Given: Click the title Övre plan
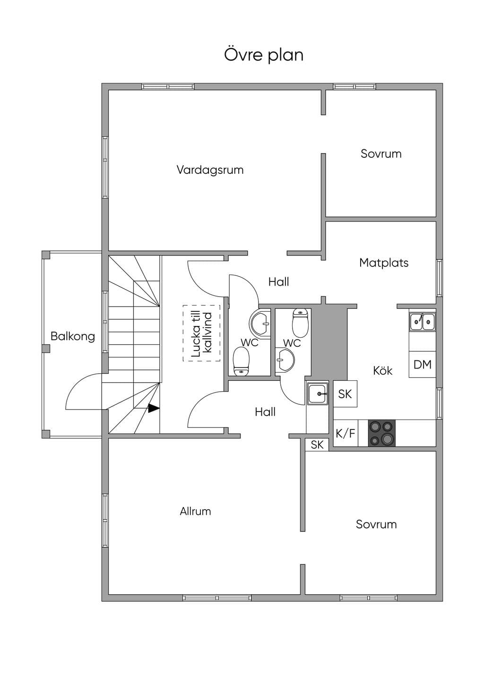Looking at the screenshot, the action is pyautogui.click(x=264, y=55).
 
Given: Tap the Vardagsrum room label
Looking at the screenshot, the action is pyautogui.click(x=210, y=170).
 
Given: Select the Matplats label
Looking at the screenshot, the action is pyautogui.click(x=384, y=263).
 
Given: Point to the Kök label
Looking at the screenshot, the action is pyautogui.click(x=382, y=370).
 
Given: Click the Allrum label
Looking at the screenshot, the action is pyautogui.click(x=195, y=511).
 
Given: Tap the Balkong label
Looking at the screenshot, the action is pyautogui.click(x=73, y=336).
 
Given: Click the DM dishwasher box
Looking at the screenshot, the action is pyautogui.click(x=423, y=364).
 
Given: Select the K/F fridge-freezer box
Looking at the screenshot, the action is pyautogui.click(x=346, y=433).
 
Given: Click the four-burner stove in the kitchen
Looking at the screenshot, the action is pyautogui.click(x=381, y=433).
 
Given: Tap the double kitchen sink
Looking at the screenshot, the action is pyautogui.click(x=423, y=322).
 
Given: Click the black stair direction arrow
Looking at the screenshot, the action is pyautogui.click(x=154, y=408).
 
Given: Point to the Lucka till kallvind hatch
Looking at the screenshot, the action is pyautogui.click(x=201, y=333).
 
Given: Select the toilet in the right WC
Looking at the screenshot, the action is pyautogui.click(x=300, y=323).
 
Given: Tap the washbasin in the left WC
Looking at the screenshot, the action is pyautogui.click(x=260, y=323).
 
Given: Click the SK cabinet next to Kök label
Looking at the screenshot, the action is pyautogui.click(x=345, y=393).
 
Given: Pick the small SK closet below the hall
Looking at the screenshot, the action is pyautogui.click(x=317, y=445).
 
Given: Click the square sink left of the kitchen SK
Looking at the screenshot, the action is pyautogui.click(x=318, y=394).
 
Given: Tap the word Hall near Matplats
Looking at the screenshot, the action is pyautogui.click(x=279, y=282).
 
